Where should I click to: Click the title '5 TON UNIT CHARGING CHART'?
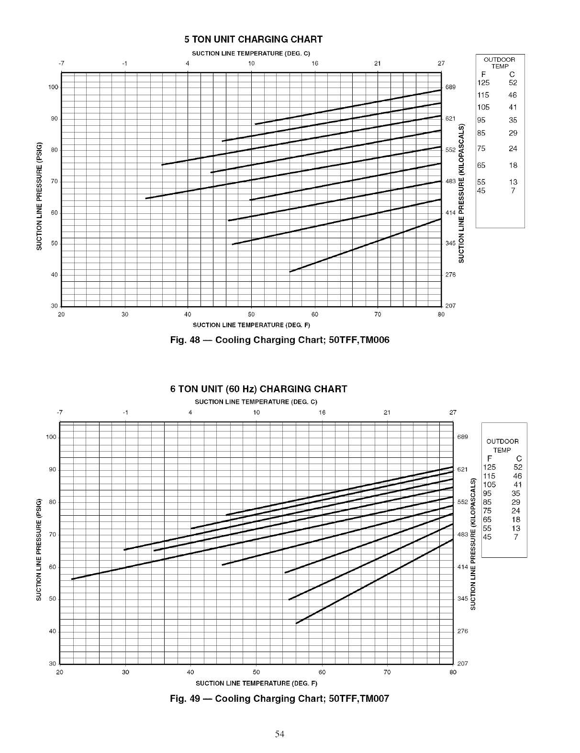[254, 39]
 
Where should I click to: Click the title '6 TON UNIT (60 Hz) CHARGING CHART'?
[258, 389]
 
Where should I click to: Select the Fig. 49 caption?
[279, 699]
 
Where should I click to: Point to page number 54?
[280, 734]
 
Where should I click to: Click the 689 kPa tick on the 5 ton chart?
[450, 88]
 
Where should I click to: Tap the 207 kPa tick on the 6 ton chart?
[463, 664]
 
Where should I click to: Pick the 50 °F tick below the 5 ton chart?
[251, 314]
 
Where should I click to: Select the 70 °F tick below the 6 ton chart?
[387, 672]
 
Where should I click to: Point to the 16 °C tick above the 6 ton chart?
[322, 412]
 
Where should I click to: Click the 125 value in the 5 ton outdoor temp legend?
[483, 82]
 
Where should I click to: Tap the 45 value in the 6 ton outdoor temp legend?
[487, 537]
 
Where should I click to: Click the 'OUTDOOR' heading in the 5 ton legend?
[500, 60]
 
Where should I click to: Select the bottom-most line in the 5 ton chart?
[364, 245]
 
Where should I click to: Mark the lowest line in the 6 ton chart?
[373, 582]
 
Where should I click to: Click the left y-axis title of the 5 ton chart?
[40, 196]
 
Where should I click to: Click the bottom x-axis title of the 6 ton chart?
[257, 683]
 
